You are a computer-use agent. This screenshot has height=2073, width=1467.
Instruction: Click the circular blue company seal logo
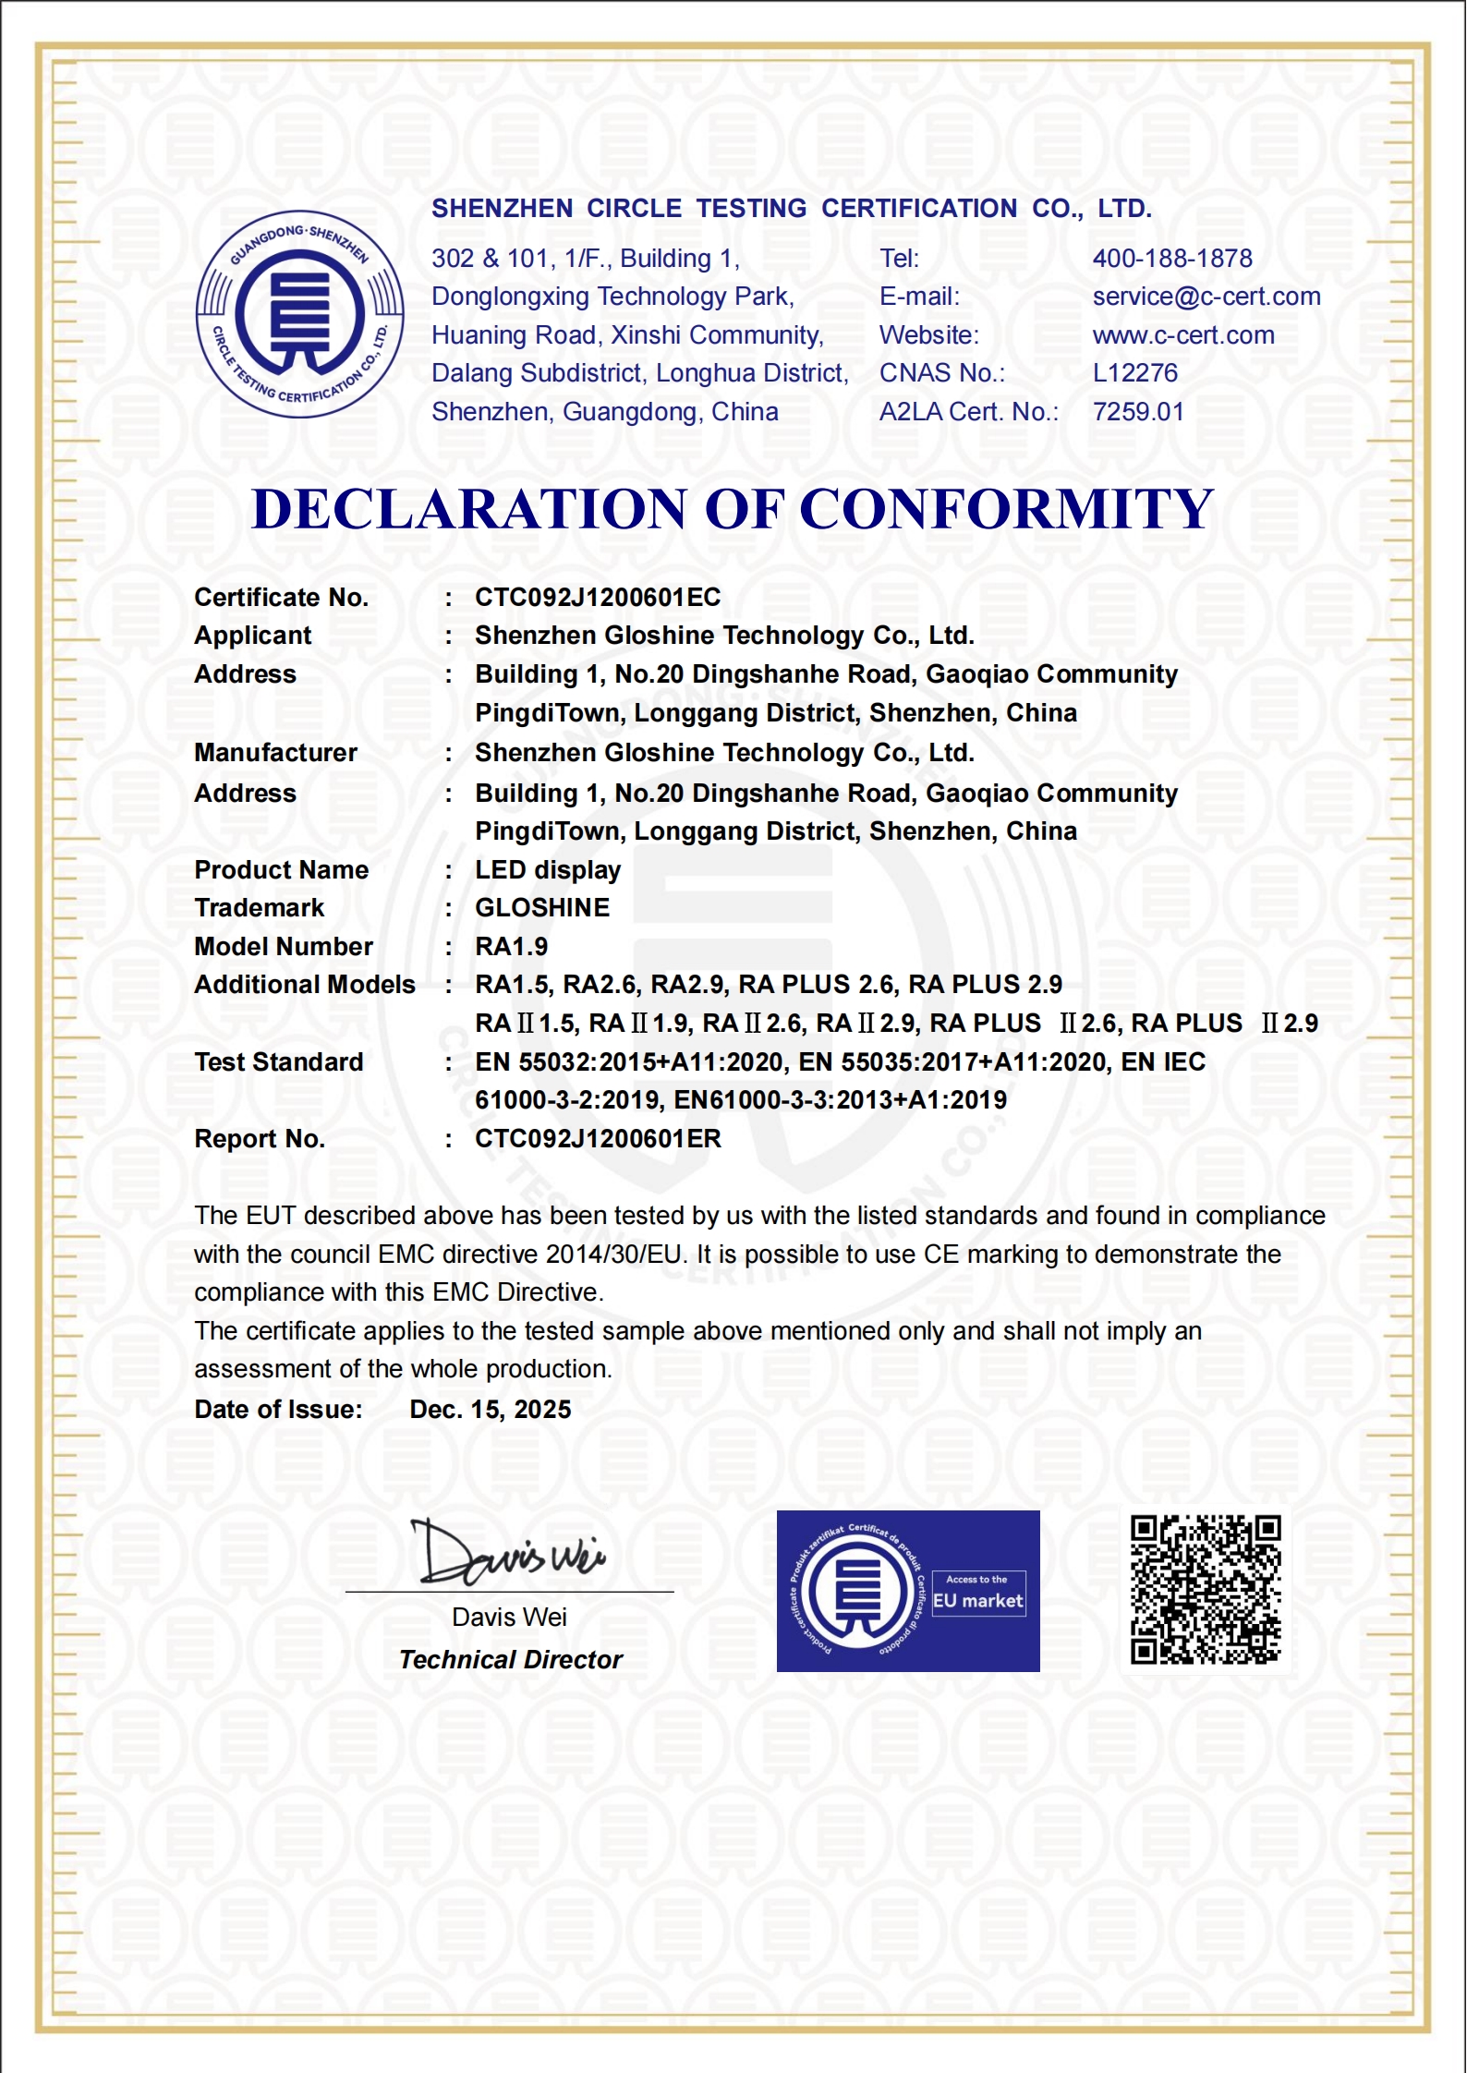point(299,314)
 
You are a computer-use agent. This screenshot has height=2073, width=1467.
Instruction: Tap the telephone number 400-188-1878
point(1172,258)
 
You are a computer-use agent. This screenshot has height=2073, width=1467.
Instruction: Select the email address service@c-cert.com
point(1206,297)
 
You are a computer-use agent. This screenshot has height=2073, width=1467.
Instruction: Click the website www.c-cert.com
point(1183,335)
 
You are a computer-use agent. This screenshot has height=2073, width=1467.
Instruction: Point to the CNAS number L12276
point(1135,373)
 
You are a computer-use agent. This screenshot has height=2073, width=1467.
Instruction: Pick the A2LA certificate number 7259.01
point(1138,412)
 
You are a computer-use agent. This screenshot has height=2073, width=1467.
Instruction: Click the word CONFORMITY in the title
point(1006,509)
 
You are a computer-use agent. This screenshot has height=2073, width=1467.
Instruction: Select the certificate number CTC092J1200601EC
point(598,598)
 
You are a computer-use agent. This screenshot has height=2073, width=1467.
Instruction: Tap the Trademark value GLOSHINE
point(542,908)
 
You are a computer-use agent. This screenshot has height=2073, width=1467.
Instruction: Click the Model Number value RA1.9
point(512,947)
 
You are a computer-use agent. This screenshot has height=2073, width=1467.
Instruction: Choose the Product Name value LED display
point(548,870)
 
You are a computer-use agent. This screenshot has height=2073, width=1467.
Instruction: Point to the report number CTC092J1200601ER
point(598,1139)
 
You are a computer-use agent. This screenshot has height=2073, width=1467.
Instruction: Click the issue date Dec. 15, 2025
point(491,1410)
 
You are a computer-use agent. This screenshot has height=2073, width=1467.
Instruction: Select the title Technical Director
point(511,1660)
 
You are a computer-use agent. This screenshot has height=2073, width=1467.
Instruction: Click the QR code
point(1206,1590)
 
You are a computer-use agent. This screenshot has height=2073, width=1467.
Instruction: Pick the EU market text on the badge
point(978,1601)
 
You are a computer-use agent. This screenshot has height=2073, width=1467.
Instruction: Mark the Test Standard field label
point(279,1062)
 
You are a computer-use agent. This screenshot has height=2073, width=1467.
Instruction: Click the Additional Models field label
point(305,985)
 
